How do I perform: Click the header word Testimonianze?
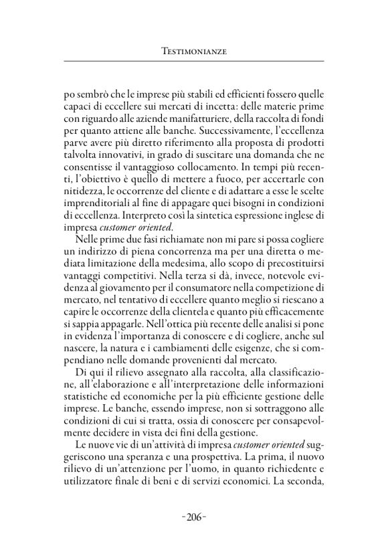coord(194,50)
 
